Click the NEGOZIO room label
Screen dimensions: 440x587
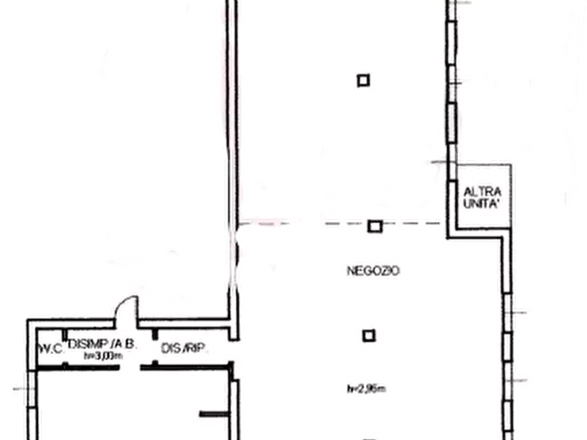click(x=373, y=270)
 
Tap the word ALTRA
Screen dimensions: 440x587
click(x=482, y=192)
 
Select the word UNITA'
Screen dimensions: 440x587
click(x=482, y=204)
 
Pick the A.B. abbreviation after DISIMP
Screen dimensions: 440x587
click(x=123, y=343)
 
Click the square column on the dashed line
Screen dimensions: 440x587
click(x=375, y=227)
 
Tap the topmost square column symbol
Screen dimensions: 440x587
click(x=363, y=81)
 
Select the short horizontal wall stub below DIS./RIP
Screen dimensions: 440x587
click(x=214, y=414)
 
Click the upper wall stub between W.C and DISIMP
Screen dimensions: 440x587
click(x=64, y=331)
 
